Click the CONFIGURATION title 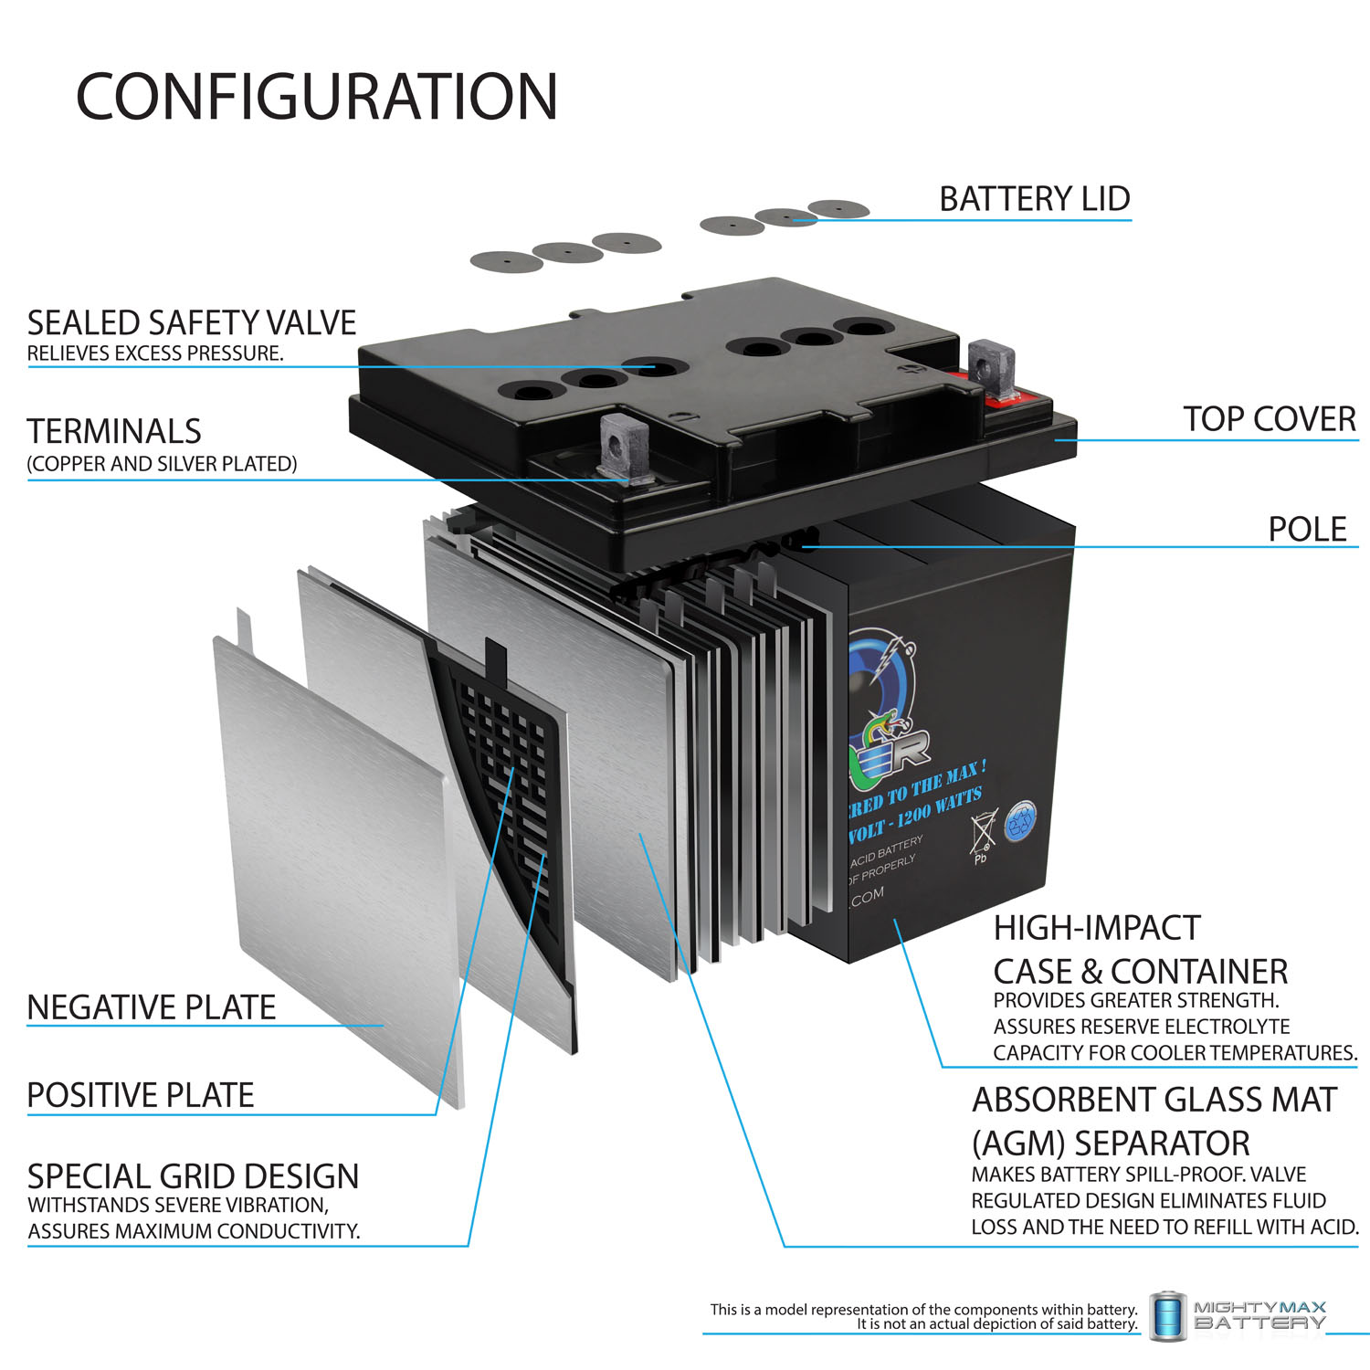point(316,97)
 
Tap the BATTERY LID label point(1034,199)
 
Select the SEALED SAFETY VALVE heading point(191,323)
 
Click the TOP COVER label point(1269,419)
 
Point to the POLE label point(1307,530)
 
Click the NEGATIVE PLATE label point(152,1007)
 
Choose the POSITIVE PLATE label point(140,1095)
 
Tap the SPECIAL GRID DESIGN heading point(193,1176)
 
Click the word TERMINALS point(114,431)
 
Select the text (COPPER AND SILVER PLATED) point(162,464)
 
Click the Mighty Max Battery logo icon point(1167,1316)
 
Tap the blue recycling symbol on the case point(1021,821)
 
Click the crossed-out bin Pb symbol point(981,836)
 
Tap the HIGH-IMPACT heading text point(1096,928)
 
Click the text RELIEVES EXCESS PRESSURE point(155,353)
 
